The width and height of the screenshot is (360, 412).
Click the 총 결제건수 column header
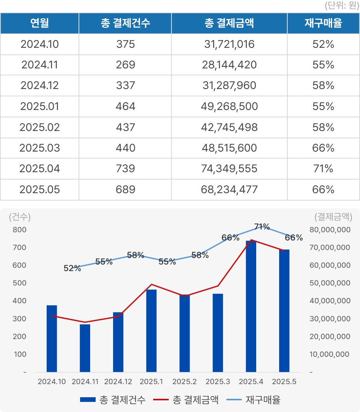pyautogui.click(x=125, y=23)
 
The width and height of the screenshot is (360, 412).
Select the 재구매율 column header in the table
pyautogui.click(x=323, y=23)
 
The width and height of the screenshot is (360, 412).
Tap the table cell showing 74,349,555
pyautogui.click(x=229, y=169)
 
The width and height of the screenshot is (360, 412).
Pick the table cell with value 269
pyautogui.click(x=125, y=65)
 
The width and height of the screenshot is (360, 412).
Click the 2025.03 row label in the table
pyautogui.click(x=39, y=148)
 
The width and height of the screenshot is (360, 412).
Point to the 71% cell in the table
pyautogui.click(x=323, y=169)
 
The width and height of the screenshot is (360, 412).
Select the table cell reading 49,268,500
pyautogui.click(x=229, y=106)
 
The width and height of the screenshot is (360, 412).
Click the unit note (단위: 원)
pyautogui.click(x=341, y=6)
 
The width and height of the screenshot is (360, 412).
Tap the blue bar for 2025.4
pyautogui.click(x=251, y=307)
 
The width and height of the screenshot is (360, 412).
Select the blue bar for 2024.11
pyautogui.click(x=85, y=348)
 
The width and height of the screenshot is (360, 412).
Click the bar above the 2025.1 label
pyautogui.click(x=151, y=330)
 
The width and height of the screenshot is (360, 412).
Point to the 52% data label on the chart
pyautogui.click(x=72, y=268)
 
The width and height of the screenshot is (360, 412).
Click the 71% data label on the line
pyautogui.click(x=262, y=227)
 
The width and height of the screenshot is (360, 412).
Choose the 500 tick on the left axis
pyautogui.click(x=19, y=283)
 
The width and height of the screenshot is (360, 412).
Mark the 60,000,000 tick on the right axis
pyautogui.click(x=330, y=265)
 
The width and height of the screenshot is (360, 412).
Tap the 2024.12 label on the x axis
pyautogui.click(x=118, y=382)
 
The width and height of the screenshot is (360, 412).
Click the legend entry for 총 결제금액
pyautogui.click(x=186, y=400)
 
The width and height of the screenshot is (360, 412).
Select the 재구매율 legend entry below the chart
pyautogui.click(x=257, y=400)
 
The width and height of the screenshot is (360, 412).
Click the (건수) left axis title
pyautogui.click(x=20, y=217)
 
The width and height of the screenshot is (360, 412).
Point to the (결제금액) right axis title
pyautogui.click(x=333, y=217)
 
